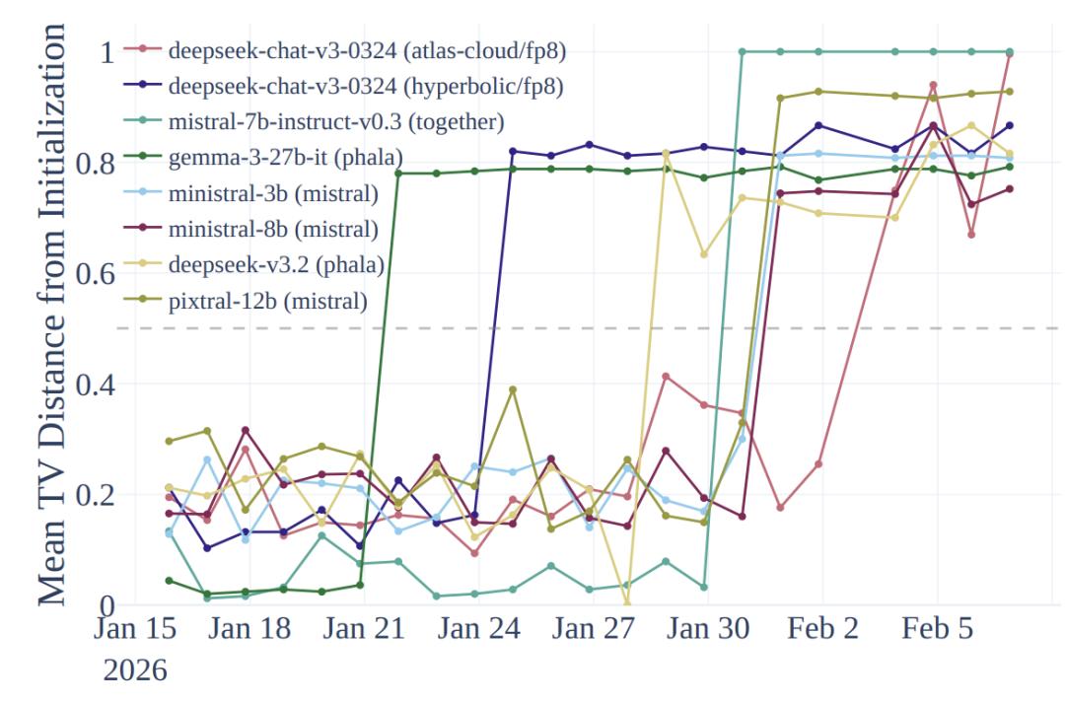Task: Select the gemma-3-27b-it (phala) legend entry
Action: click(x=286, y=158)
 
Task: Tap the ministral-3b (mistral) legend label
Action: click(x=273, y=193)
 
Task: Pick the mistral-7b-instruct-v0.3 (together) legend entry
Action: click(x=336, y=122)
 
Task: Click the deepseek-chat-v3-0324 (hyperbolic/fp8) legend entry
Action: click(x=366, y=87)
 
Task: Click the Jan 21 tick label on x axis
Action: click(x=363, y=630)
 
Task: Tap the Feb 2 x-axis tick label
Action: click(x=822, y=630)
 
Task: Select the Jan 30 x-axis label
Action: click(x=705, y=630)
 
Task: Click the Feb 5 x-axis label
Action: click(x=938, y=630)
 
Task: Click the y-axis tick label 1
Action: click(x=107, y=51)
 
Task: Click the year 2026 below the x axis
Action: click(x=135, y=670)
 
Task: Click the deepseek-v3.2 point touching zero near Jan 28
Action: click(x=627, y=603)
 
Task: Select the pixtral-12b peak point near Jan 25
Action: click(x=513, y=389)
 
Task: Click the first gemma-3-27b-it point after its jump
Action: click(x=398, y=174)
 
